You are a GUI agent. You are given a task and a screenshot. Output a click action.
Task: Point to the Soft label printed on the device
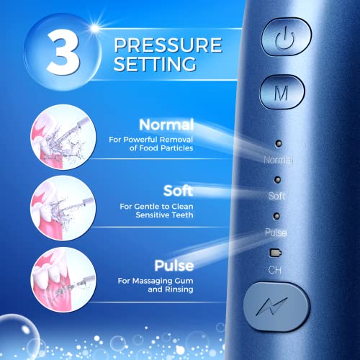(x=277, y=196)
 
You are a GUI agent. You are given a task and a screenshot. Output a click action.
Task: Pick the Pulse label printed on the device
(x=277, y=232)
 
